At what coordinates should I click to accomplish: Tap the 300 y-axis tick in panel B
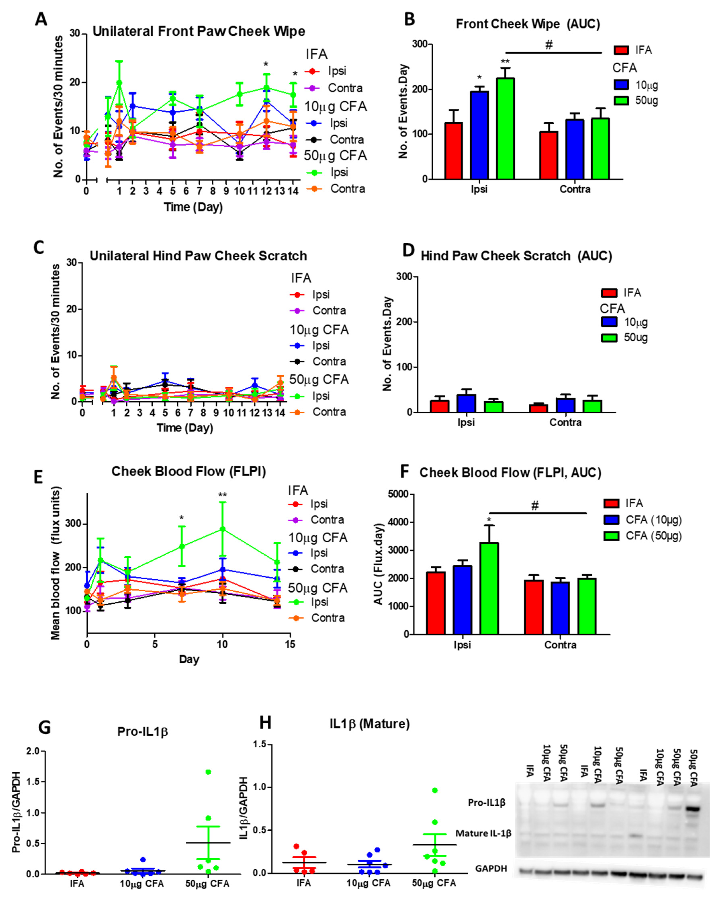(x=420, y=44)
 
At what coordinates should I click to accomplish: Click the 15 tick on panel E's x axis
(x=290, y=644)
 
